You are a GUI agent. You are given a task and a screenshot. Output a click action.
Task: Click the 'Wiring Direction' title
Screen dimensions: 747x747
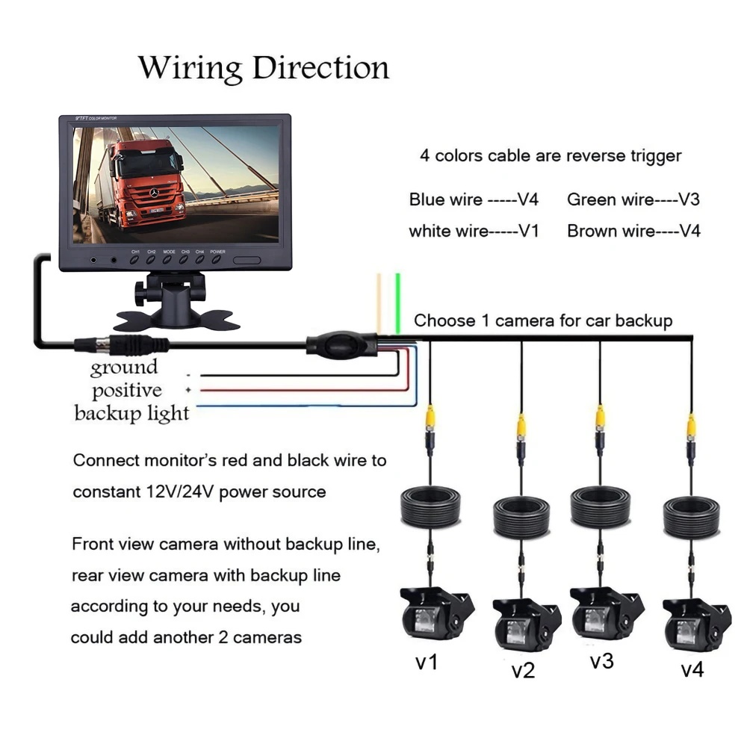coord(264,68)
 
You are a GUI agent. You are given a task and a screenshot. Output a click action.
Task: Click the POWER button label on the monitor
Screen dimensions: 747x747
coord(217,252)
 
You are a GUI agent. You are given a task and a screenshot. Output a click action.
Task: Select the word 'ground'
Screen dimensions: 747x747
coord(124,368)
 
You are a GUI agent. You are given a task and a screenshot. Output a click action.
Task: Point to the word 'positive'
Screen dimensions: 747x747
coord(126,390)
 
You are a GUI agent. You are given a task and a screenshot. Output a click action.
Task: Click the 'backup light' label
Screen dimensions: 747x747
coord(131,413)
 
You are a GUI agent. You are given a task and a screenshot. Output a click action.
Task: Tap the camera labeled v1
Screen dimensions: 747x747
coord(436,614)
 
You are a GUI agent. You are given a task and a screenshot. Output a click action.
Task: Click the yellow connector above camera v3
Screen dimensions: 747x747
coord(599,416)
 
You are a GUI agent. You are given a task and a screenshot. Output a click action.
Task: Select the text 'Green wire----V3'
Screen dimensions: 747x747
coord(633,199)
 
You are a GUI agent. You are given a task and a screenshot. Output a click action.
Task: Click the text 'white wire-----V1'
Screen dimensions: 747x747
coord(474,231)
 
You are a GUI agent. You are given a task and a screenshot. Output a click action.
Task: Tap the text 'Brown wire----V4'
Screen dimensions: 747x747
coord(633,231)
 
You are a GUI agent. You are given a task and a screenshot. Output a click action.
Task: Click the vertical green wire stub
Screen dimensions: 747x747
coord(399,299)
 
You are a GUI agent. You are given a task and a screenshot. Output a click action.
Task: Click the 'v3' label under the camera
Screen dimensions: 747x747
coord(601,661)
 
